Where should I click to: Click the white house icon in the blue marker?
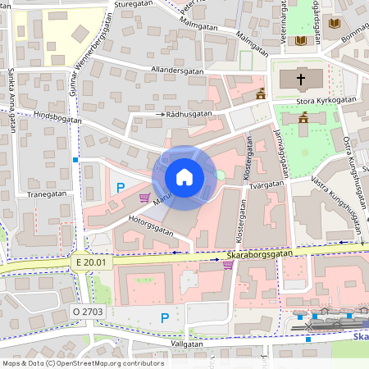[184, 177]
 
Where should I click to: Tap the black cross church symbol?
[301, 80]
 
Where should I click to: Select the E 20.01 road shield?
[89, 262]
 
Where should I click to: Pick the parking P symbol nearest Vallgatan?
[165, 318]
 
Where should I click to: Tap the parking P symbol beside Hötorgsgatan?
[121, 188]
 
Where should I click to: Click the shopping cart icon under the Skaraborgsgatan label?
[228, 264]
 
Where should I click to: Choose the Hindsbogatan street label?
[58, 118]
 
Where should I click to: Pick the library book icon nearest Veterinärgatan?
[301, 39]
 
